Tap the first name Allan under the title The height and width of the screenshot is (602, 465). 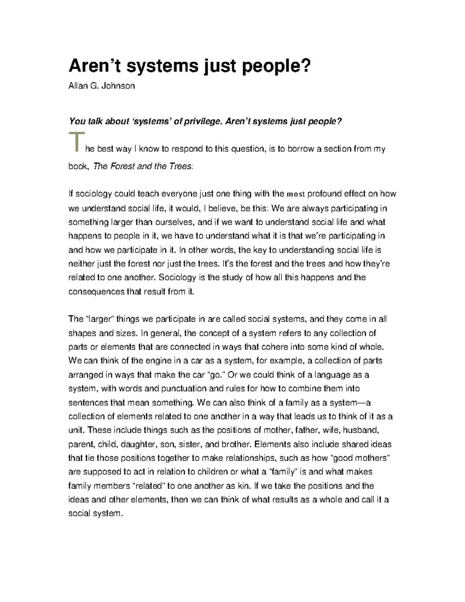[77, 86]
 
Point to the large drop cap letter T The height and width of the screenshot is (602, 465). [76, 143]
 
